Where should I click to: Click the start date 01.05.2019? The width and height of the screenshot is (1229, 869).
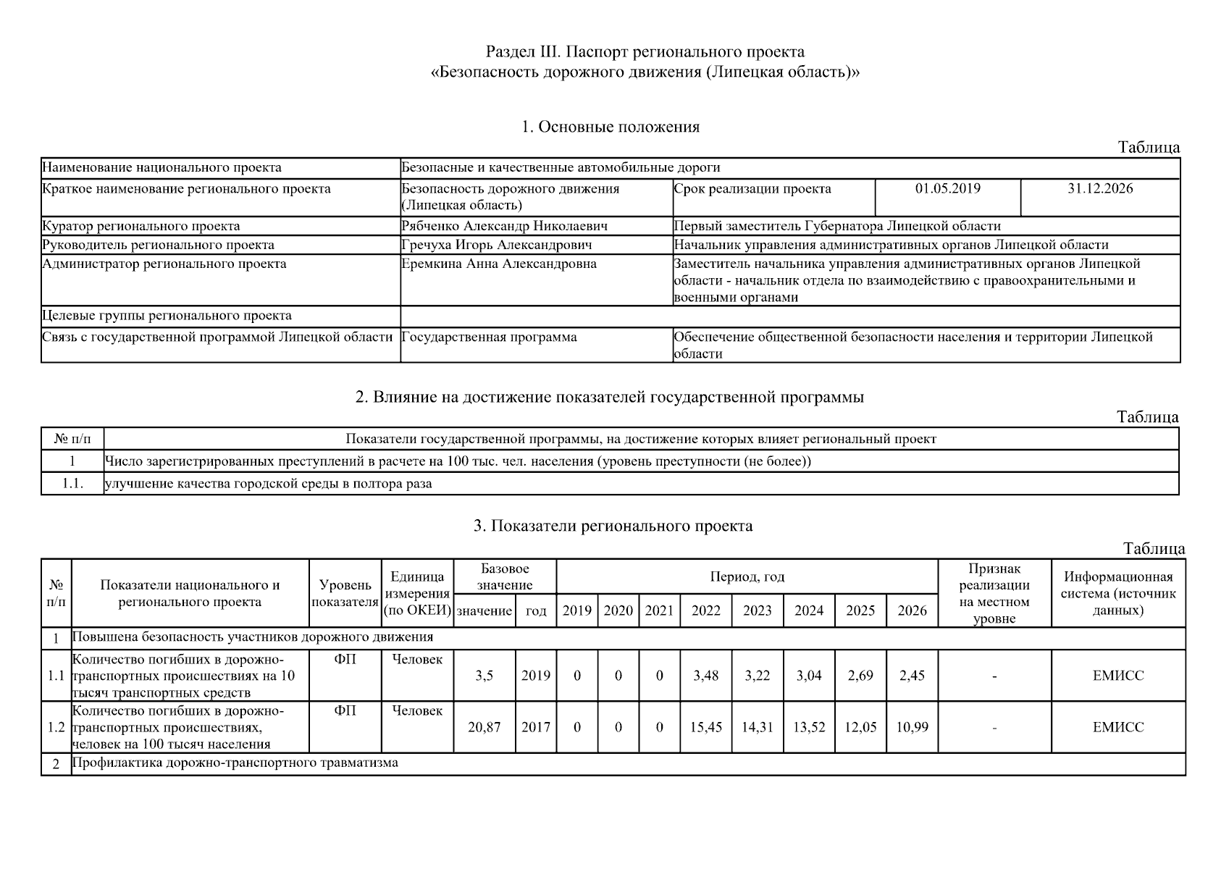pos(947,189)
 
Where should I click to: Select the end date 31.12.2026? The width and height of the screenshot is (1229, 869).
pos(1099,189)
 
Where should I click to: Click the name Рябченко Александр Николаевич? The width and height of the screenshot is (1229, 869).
pos(504,226)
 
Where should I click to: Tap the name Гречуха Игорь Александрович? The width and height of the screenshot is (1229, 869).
pos(496,245)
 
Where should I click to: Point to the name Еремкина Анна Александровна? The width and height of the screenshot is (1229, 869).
pos(499,264)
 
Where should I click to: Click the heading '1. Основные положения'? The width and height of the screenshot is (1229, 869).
pos(611,127)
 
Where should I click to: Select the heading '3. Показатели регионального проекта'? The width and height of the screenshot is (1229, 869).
pos(613,526)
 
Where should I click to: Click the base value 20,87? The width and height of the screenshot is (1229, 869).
pos(484,727)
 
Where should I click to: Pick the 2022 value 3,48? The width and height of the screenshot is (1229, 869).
pos(705,676)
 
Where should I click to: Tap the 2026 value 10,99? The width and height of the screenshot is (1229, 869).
pos(912,727)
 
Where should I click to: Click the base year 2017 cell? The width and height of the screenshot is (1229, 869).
pos(535,727)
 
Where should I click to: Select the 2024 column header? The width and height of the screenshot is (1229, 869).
pos(808,610)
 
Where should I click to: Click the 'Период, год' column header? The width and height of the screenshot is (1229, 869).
pos(747,577)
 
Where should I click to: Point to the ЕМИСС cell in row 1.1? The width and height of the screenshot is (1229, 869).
pos(1117,676)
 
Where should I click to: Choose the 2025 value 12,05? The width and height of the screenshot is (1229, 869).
pos(860,727)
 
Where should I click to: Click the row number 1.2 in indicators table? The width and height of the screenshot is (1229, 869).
pos(56,727)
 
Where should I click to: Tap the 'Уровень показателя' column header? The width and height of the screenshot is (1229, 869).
pos(345,593)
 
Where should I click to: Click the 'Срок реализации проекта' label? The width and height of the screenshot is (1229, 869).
pos(752,189)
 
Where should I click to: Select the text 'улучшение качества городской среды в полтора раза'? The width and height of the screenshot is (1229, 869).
pos(269,484)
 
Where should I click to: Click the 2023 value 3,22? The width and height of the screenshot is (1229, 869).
pos(757,676)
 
